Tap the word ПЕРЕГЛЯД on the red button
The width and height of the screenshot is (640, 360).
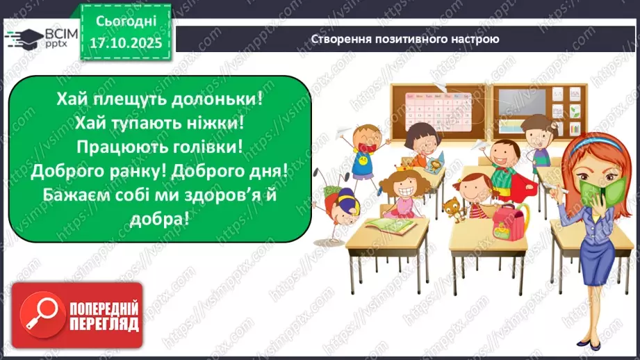[104, 325]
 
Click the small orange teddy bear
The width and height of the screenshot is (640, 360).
[452, 207]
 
